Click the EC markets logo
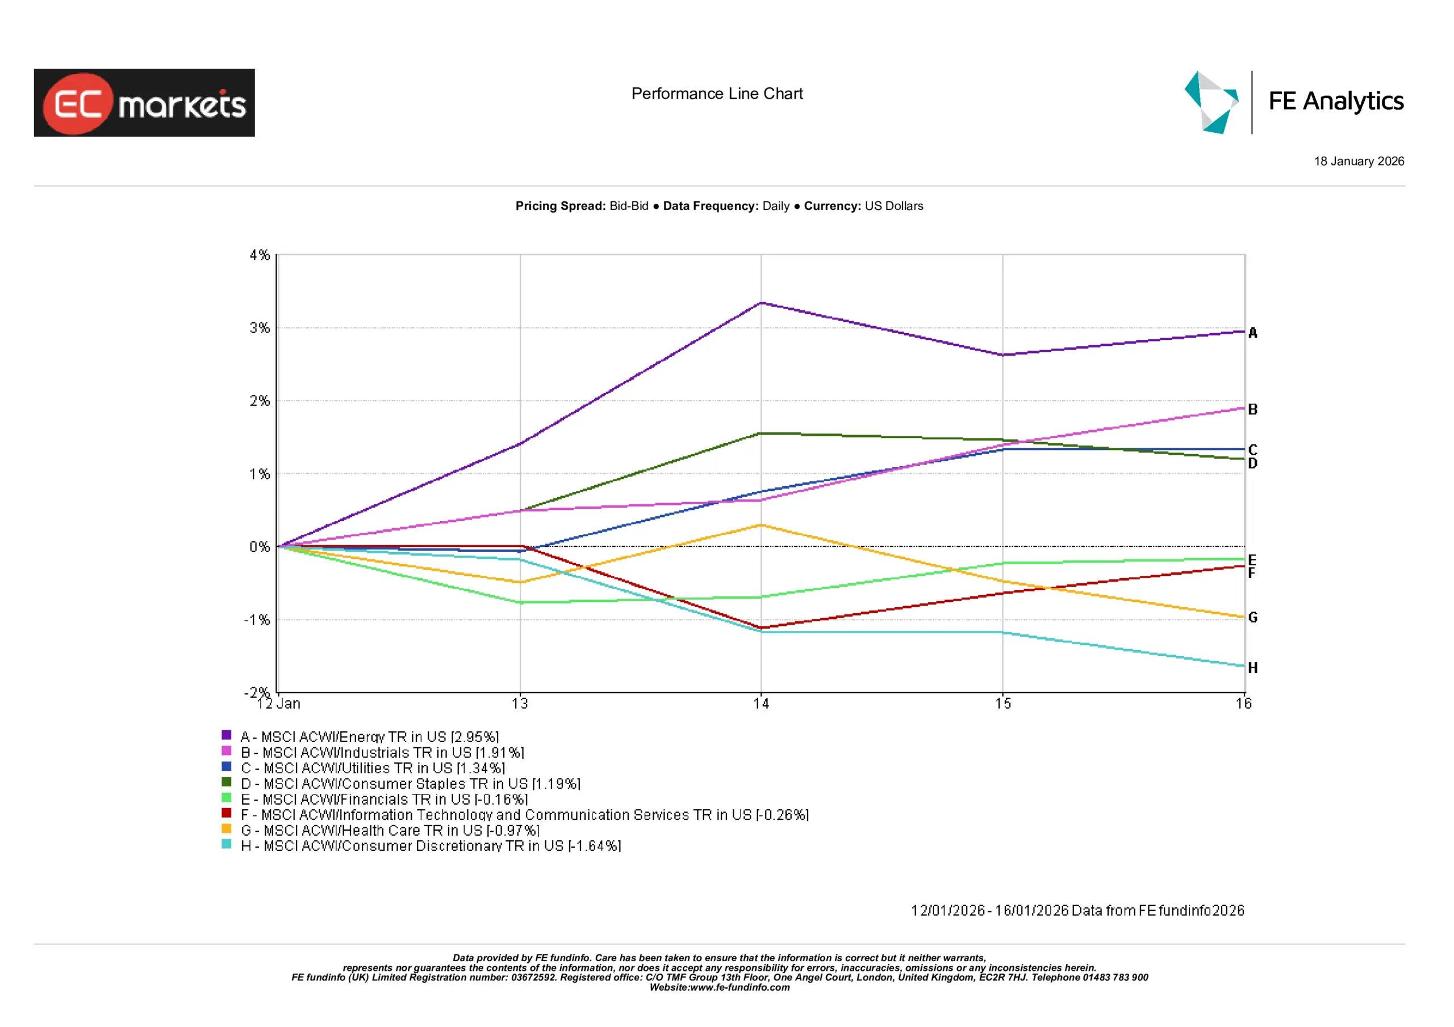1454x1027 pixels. [144, 103]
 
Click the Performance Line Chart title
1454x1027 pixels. [717, 94]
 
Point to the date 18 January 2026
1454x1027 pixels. [1359, 161]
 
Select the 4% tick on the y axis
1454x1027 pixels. [259, 255]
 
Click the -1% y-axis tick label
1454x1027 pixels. [257, 620]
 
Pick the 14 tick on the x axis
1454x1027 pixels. [761, 704]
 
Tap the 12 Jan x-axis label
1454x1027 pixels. [279, 704]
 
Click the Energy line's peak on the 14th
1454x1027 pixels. [761, 303]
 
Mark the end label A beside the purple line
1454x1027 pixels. [1252, 333]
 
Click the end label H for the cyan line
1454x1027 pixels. [1252, 668]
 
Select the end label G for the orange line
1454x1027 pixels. [1252, 617]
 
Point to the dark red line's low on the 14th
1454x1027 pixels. [761, 628]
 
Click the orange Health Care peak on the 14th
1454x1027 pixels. [761, 525]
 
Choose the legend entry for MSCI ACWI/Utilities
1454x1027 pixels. [373, 768]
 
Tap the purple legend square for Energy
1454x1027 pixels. [226, 735]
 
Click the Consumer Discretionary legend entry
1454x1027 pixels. [431, 846]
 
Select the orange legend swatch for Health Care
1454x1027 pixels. [226, 828]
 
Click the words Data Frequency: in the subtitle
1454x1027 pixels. [711, 207]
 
